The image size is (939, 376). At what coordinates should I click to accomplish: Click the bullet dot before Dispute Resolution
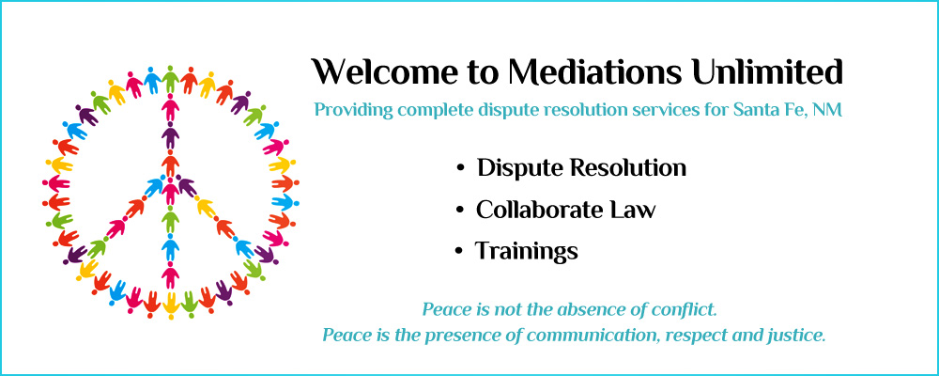coord(460,168)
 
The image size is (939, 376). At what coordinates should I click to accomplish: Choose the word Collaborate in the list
coord(531,210)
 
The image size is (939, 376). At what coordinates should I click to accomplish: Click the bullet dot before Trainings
coord(459,251)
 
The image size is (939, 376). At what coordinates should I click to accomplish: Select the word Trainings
coord(527,251)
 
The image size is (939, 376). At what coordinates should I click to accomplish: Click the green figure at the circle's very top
coord(171,78)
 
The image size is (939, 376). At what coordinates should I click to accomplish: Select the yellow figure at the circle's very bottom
coord(171,305)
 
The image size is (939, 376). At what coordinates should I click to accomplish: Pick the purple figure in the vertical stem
coord(171,135)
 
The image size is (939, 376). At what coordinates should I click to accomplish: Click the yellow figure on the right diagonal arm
coord(205,207)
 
